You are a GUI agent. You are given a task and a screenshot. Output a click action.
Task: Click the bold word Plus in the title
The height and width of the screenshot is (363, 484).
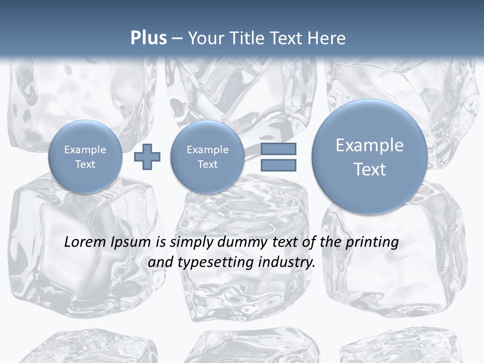148,38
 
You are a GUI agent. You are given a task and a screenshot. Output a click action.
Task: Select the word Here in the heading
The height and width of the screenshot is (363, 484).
327,38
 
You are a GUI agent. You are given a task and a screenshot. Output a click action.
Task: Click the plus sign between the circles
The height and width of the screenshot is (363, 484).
147,157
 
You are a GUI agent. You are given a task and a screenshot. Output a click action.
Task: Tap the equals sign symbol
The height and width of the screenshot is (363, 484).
278,157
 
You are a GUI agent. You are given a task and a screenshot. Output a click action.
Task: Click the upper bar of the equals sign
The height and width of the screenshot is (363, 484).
278,149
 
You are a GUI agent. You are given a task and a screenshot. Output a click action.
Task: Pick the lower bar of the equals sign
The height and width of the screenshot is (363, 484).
278,165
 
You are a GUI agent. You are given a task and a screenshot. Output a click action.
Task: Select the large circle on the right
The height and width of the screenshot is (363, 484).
370,156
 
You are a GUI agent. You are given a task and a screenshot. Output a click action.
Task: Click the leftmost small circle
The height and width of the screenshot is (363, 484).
85,157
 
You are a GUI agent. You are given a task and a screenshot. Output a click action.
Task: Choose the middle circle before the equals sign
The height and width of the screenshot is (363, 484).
207,157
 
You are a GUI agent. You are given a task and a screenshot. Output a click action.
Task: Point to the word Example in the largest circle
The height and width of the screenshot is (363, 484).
370,146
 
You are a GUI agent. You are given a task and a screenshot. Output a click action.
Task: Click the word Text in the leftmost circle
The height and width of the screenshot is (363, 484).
85,164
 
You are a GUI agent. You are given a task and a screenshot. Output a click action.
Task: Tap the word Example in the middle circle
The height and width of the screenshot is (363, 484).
207,150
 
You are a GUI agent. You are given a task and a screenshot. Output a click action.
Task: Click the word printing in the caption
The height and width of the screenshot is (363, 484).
373,243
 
